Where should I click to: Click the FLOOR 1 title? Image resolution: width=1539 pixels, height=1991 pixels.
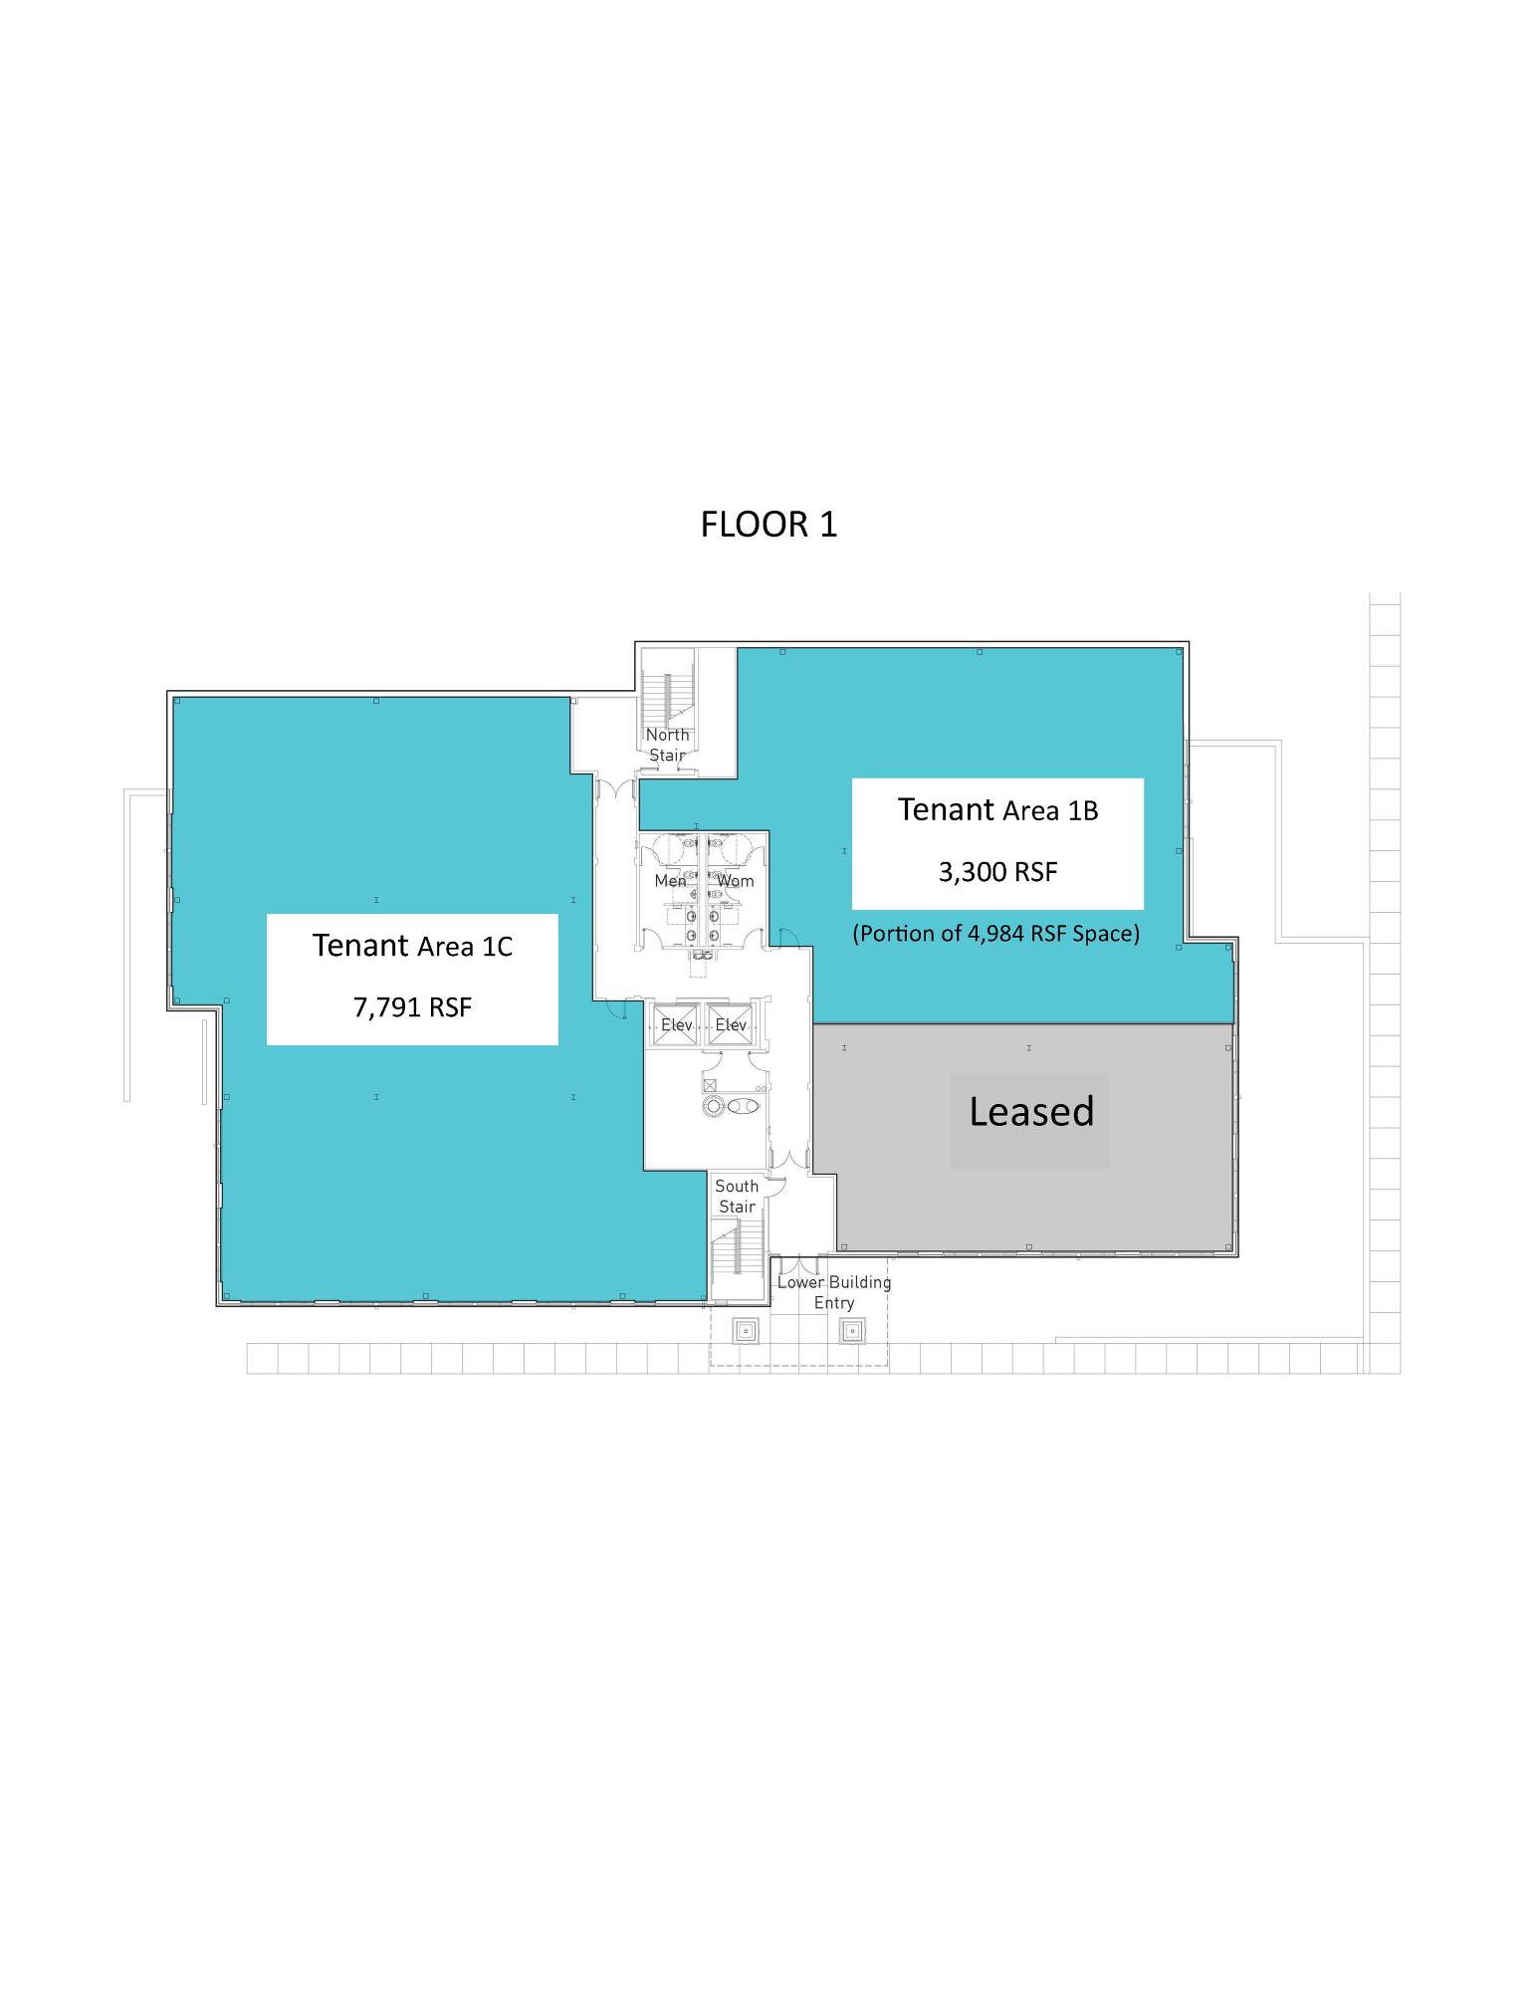[769, 525]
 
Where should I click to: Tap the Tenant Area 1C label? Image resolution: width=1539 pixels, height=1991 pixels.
[412, 946]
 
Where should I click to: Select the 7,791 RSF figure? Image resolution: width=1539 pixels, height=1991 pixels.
[412, 1007]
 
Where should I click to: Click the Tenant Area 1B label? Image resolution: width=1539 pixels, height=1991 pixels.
[997, 810]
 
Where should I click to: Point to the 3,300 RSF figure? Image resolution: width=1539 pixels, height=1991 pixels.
[997, 872]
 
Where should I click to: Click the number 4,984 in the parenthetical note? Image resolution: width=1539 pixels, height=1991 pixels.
[995, 934]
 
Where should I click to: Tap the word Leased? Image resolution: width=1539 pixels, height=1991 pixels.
[1031, 1112]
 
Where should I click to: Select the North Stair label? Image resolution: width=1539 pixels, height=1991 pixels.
[667, 745]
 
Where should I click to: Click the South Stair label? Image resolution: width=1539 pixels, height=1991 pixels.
[737, 1196]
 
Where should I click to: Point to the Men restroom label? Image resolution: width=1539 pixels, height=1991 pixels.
[670, 881]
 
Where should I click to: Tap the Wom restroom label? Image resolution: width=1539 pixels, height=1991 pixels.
[736, 881]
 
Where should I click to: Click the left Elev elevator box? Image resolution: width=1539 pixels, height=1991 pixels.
[676, 1024]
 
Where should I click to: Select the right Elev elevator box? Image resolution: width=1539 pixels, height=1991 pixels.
[731, 1024]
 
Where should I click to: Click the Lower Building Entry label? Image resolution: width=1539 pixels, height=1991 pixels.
[834, 1292]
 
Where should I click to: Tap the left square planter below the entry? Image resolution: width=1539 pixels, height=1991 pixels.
[746, 1330]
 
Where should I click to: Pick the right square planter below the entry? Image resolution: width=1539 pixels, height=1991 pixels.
[852, 1330]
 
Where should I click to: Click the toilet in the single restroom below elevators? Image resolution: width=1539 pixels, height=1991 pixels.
[743, 1106]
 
